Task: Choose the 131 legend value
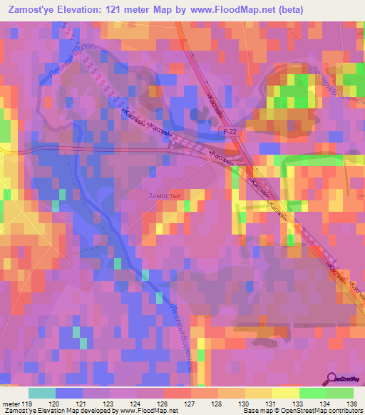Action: [x=269, y=404]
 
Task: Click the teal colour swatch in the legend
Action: [x=41, y=393]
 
